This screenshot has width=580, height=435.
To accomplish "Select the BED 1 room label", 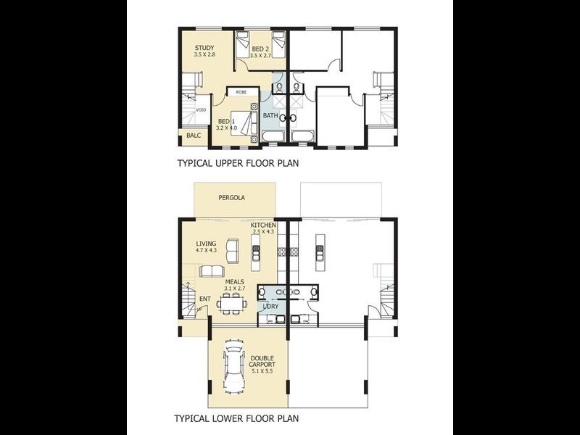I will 225,121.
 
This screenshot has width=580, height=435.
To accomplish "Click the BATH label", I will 270,116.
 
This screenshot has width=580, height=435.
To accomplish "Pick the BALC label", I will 193,136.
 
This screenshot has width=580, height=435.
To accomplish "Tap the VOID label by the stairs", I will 201,110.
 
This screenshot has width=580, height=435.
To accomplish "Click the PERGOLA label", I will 232,197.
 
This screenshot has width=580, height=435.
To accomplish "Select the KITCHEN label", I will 263,225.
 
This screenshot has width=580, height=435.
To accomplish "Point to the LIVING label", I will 206,244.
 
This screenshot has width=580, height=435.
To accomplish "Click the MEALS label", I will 234,281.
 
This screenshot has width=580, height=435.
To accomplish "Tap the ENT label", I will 205,298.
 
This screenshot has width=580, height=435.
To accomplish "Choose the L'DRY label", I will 270,307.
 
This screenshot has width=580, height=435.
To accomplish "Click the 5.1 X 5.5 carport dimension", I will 262,370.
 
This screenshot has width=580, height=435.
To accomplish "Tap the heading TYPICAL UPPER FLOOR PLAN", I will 238,164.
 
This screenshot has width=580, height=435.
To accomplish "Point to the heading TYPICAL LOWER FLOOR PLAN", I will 237,418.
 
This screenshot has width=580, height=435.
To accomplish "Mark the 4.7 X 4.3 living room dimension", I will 206,251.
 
